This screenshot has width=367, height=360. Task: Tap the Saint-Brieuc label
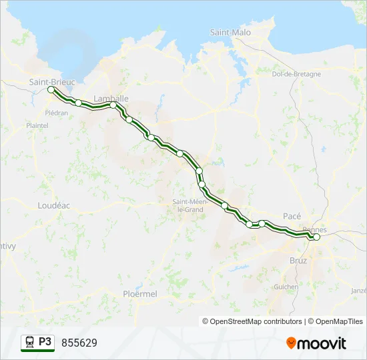coord(52,81)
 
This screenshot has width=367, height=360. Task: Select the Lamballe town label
coord(111,98)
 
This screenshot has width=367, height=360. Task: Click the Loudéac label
coord(54,206)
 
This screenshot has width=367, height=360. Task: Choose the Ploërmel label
coord(140,293)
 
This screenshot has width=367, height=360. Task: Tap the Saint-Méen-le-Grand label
coord(188,205)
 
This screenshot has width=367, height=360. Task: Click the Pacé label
coord(292,216)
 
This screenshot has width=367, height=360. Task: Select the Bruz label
coord(298,261)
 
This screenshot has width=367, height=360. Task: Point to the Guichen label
coord(286,287)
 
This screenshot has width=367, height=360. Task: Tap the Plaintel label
coord(37,125)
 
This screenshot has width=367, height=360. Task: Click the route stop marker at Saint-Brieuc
coord(51,89)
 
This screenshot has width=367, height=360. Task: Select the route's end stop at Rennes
coord(316,237)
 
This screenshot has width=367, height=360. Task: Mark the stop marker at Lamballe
coord(113,105)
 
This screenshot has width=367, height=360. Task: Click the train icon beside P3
coord(30,342)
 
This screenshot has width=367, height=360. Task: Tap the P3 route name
coord(45,342)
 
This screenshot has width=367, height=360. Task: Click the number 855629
coord(79,343)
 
